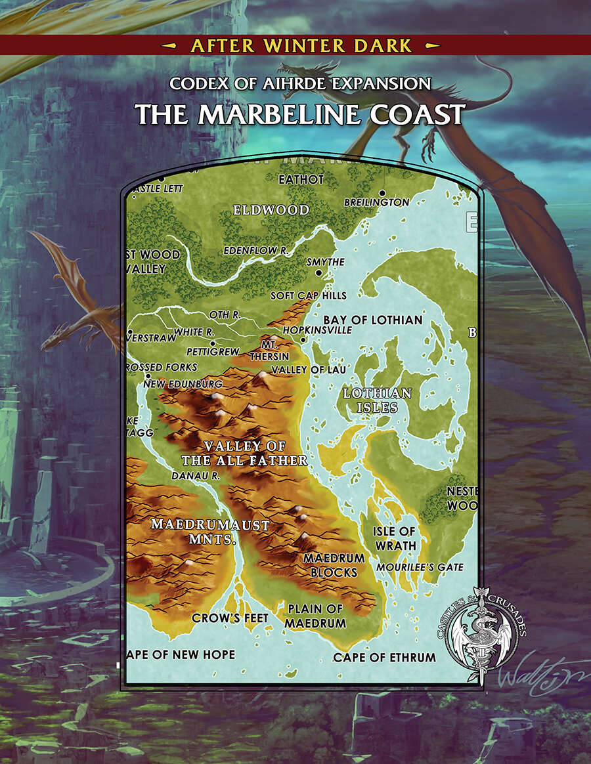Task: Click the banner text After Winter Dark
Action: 301,45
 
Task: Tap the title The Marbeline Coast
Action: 300,114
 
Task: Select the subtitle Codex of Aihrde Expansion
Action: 299,84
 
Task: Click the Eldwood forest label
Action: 271,210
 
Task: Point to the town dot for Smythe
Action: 318,272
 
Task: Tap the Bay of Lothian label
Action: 372,320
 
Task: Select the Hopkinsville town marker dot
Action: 303,340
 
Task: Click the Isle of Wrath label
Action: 394,538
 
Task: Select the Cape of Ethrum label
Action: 384,657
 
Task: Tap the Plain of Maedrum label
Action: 315,616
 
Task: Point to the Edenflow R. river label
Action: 256,250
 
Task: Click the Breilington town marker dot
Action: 382,193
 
